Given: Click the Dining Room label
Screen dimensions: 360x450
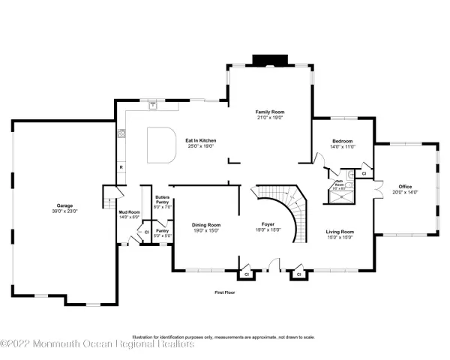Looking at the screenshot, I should coord(206,225).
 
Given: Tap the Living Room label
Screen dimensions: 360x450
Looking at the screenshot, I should coord(339,232).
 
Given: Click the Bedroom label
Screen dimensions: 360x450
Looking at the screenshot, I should coord(343,140).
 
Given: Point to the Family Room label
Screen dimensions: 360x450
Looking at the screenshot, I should coord(271,112).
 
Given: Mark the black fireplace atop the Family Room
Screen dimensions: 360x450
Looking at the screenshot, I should coord(267,59).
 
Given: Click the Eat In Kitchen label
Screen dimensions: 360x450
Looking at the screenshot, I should coord(200,139).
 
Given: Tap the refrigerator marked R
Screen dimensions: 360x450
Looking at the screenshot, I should coord(120,166).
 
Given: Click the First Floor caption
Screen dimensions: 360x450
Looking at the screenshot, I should coord(224,292).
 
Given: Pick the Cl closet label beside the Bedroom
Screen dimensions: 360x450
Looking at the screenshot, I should coord(364,174).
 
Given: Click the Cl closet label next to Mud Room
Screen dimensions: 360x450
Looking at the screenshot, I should coord(146,232).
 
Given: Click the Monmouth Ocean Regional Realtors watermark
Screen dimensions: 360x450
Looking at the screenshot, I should coord(97,344).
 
